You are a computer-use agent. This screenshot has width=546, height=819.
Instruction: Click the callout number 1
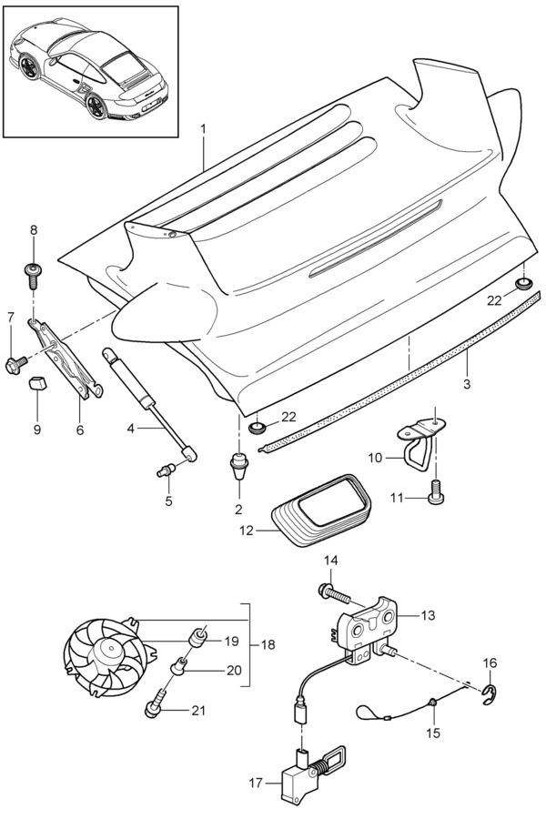tap(204, 129)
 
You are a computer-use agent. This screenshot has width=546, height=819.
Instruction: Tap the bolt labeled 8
tap(34, 272)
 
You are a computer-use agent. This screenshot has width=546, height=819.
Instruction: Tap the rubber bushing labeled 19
tap(197, 638)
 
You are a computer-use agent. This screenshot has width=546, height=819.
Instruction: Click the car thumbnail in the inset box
tap(90, 64)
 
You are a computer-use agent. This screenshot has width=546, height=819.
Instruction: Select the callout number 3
tap(467, 384)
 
